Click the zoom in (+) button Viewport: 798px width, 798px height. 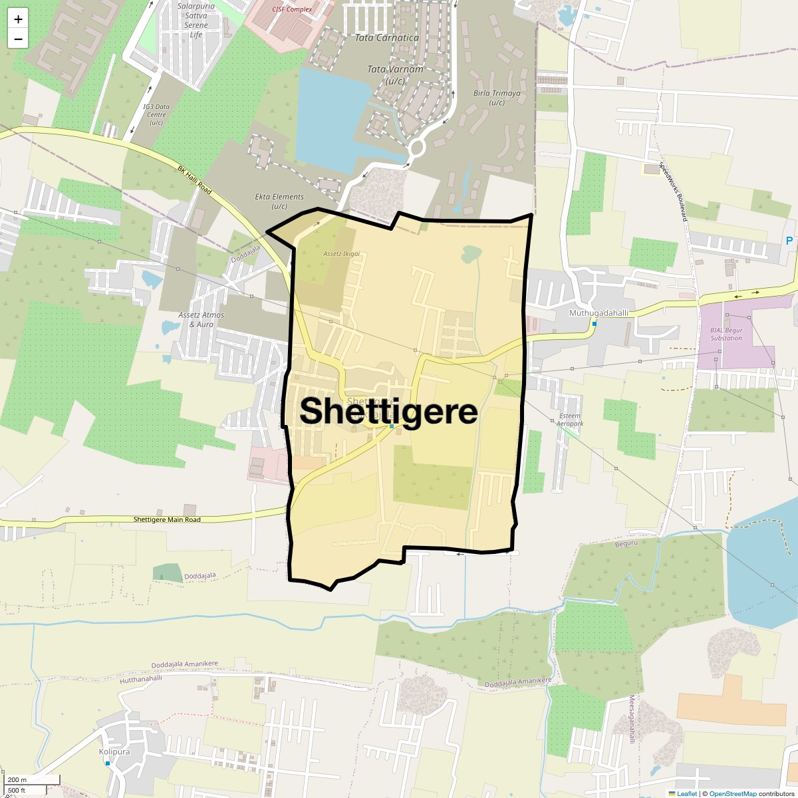[x=18, y=19]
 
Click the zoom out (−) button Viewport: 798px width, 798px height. [x=18, y=39]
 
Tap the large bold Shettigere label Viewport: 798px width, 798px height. [x=388, y=410]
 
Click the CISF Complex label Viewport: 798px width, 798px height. [x=292, y=9]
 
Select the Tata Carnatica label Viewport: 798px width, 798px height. [x=387, y=38]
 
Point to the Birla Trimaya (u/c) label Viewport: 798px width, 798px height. [x=497, y=98]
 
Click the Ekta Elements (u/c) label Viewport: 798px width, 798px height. [x=279, y=201]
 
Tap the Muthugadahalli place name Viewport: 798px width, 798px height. [x=598, y=313]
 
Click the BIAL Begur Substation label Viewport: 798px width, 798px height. [x=726, y=334]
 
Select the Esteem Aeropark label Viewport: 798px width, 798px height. [x=570, y=420]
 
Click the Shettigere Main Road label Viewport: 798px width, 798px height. [x=166, y=519]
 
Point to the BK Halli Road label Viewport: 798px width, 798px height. [x=195, y=180]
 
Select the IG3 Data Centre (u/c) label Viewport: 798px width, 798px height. [x=156, y=114]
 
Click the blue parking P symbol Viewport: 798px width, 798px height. [x=789, y=241]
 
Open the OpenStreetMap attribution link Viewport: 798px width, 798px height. [x=733, y=793]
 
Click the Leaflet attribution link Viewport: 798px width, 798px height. [x=687, y=793]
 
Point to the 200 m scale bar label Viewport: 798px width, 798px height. [x=18, y=780]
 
